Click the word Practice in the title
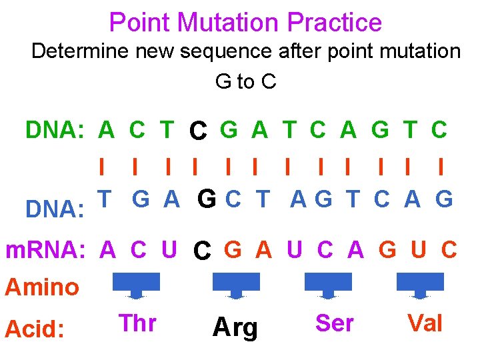[x=335, y=23]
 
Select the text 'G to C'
[x=245, y=81]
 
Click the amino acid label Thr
[x=137, y=323]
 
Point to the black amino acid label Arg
[x=235, y=328]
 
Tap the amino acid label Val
[x=425, y=323]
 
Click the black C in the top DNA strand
[x=197, y=131]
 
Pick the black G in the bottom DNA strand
[x=207, y=199]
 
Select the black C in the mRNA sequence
[x=202, y=252]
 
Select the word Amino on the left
[x=42, y=287]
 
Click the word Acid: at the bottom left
[x=35, y=329]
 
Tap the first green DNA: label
[x=54, y=130]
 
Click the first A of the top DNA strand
[x=106, y=130]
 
